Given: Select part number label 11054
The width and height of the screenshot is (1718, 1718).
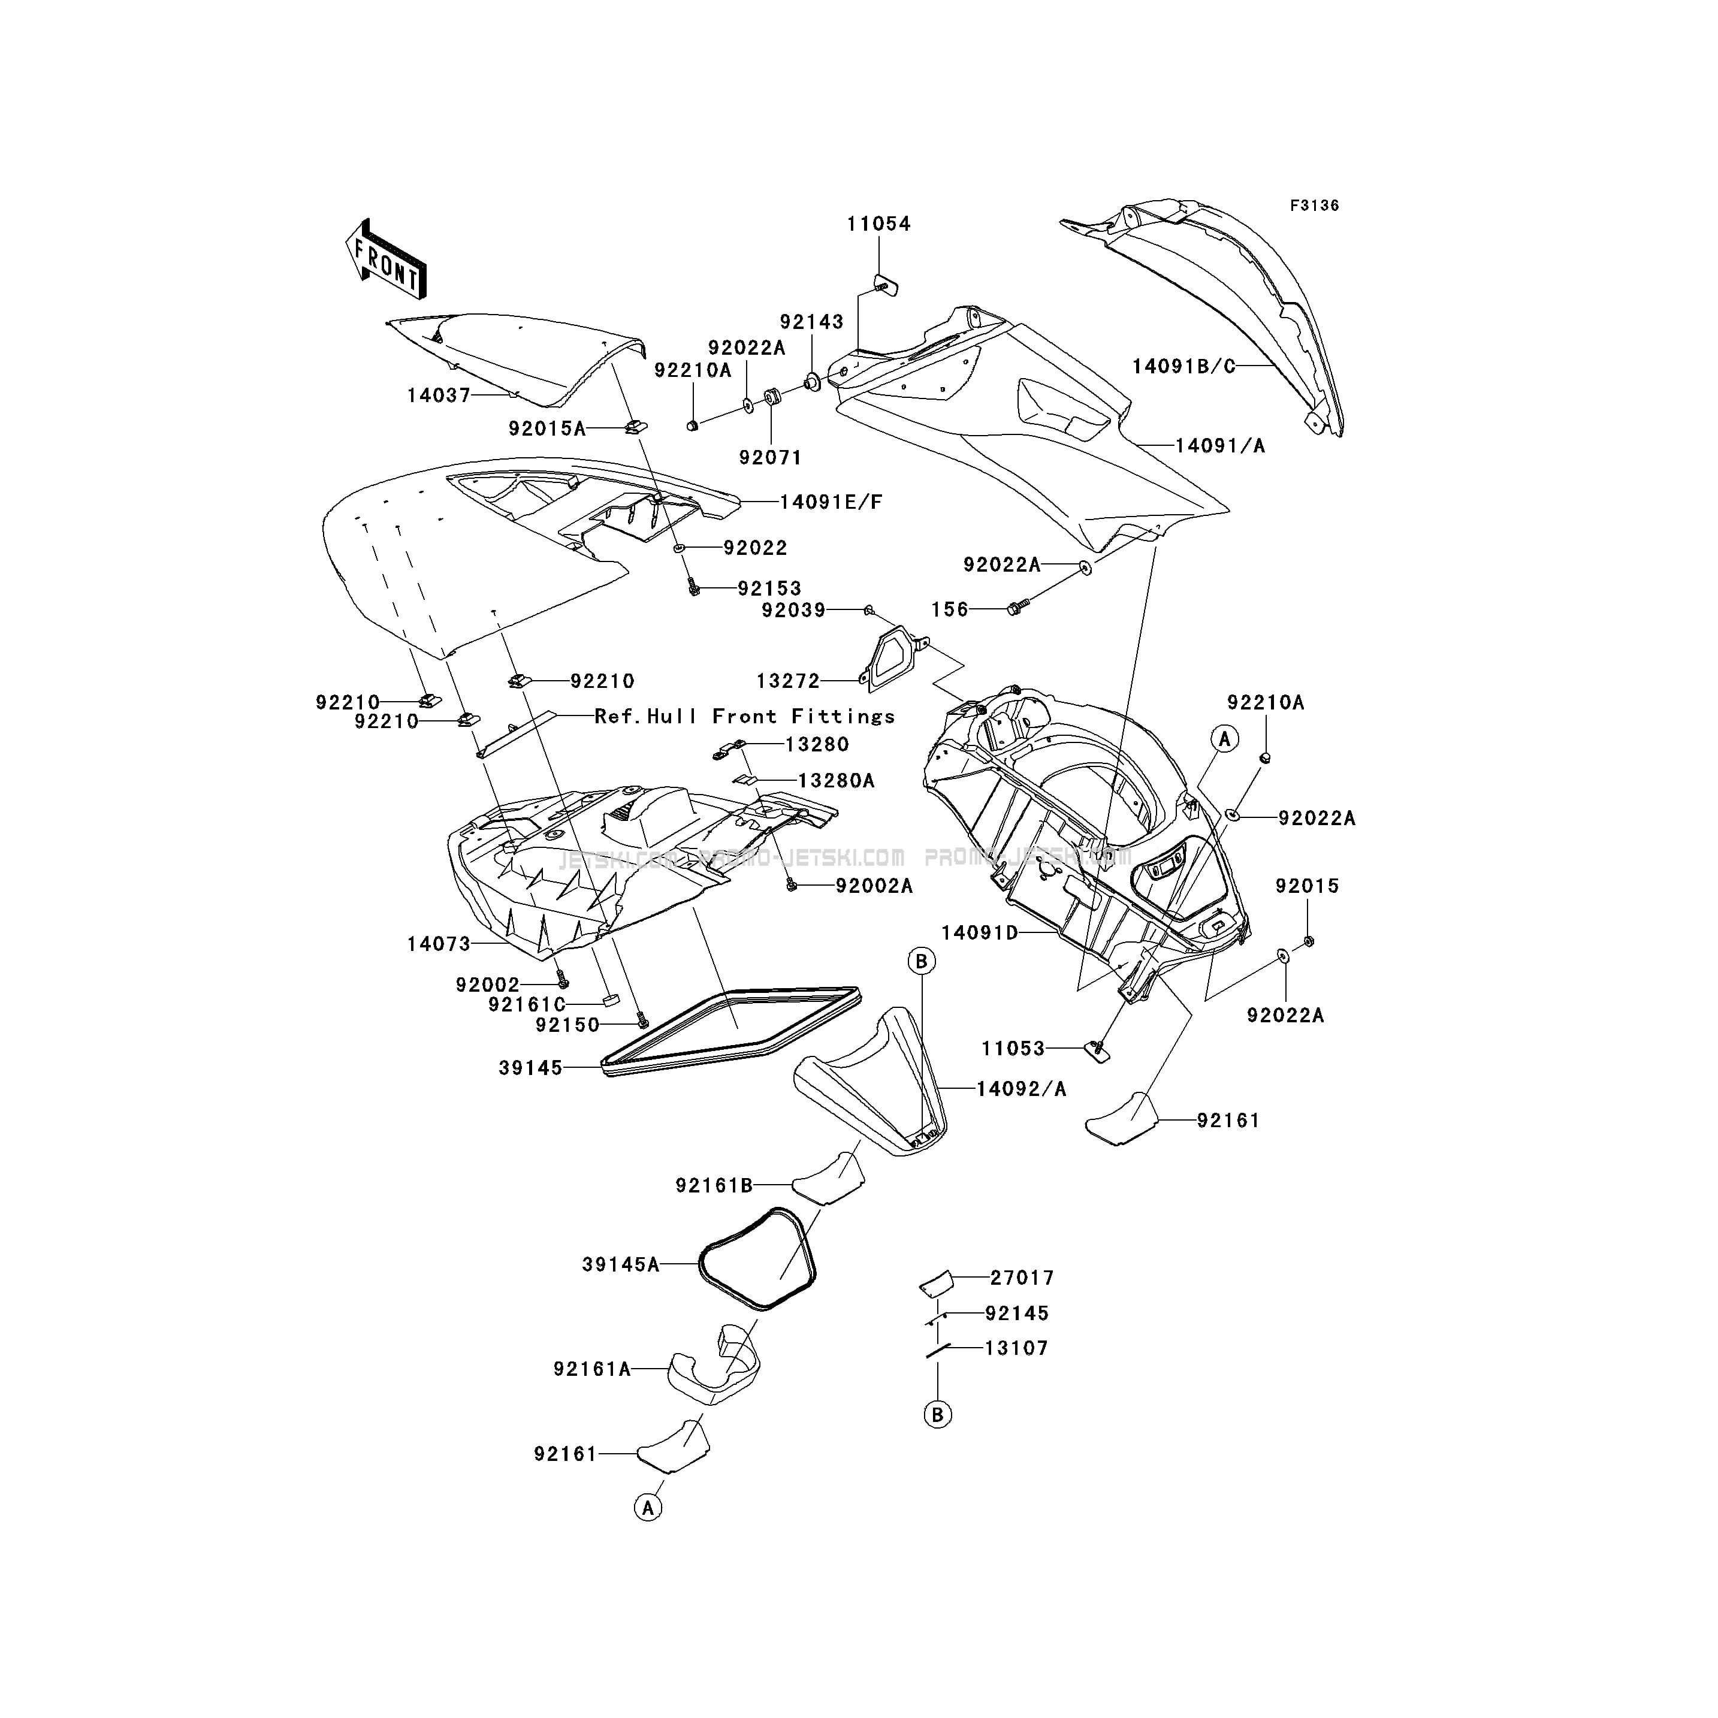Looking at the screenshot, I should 878,224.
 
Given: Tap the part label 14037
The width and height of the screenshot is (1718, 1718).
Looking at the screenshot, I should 439,395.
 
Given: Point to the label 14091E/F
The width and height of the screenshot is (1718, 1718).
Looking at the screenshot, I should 831,502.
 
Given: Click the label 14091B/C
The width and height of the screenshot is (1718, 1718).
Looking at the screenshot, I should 1183,366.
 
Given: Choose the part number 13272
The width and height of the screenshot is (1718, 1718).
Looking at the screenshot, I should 788,681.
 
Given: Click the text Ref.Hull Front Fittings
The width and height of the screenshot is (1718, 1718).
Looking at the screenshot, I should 744,716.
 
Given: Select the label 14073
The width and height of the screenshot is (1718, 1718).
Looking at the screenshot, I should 439,944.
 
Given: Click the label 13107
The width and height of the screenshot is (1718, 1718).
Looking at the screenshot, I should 1016,1348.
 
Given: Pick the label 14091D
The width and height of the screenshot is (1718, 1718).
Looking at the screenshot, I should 980,933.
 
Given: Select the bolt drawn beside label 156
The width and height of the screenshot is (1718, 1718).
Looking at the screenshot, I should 1016,608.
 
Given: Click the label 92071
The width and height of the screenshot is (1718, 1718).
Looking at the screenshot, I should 770,457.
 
